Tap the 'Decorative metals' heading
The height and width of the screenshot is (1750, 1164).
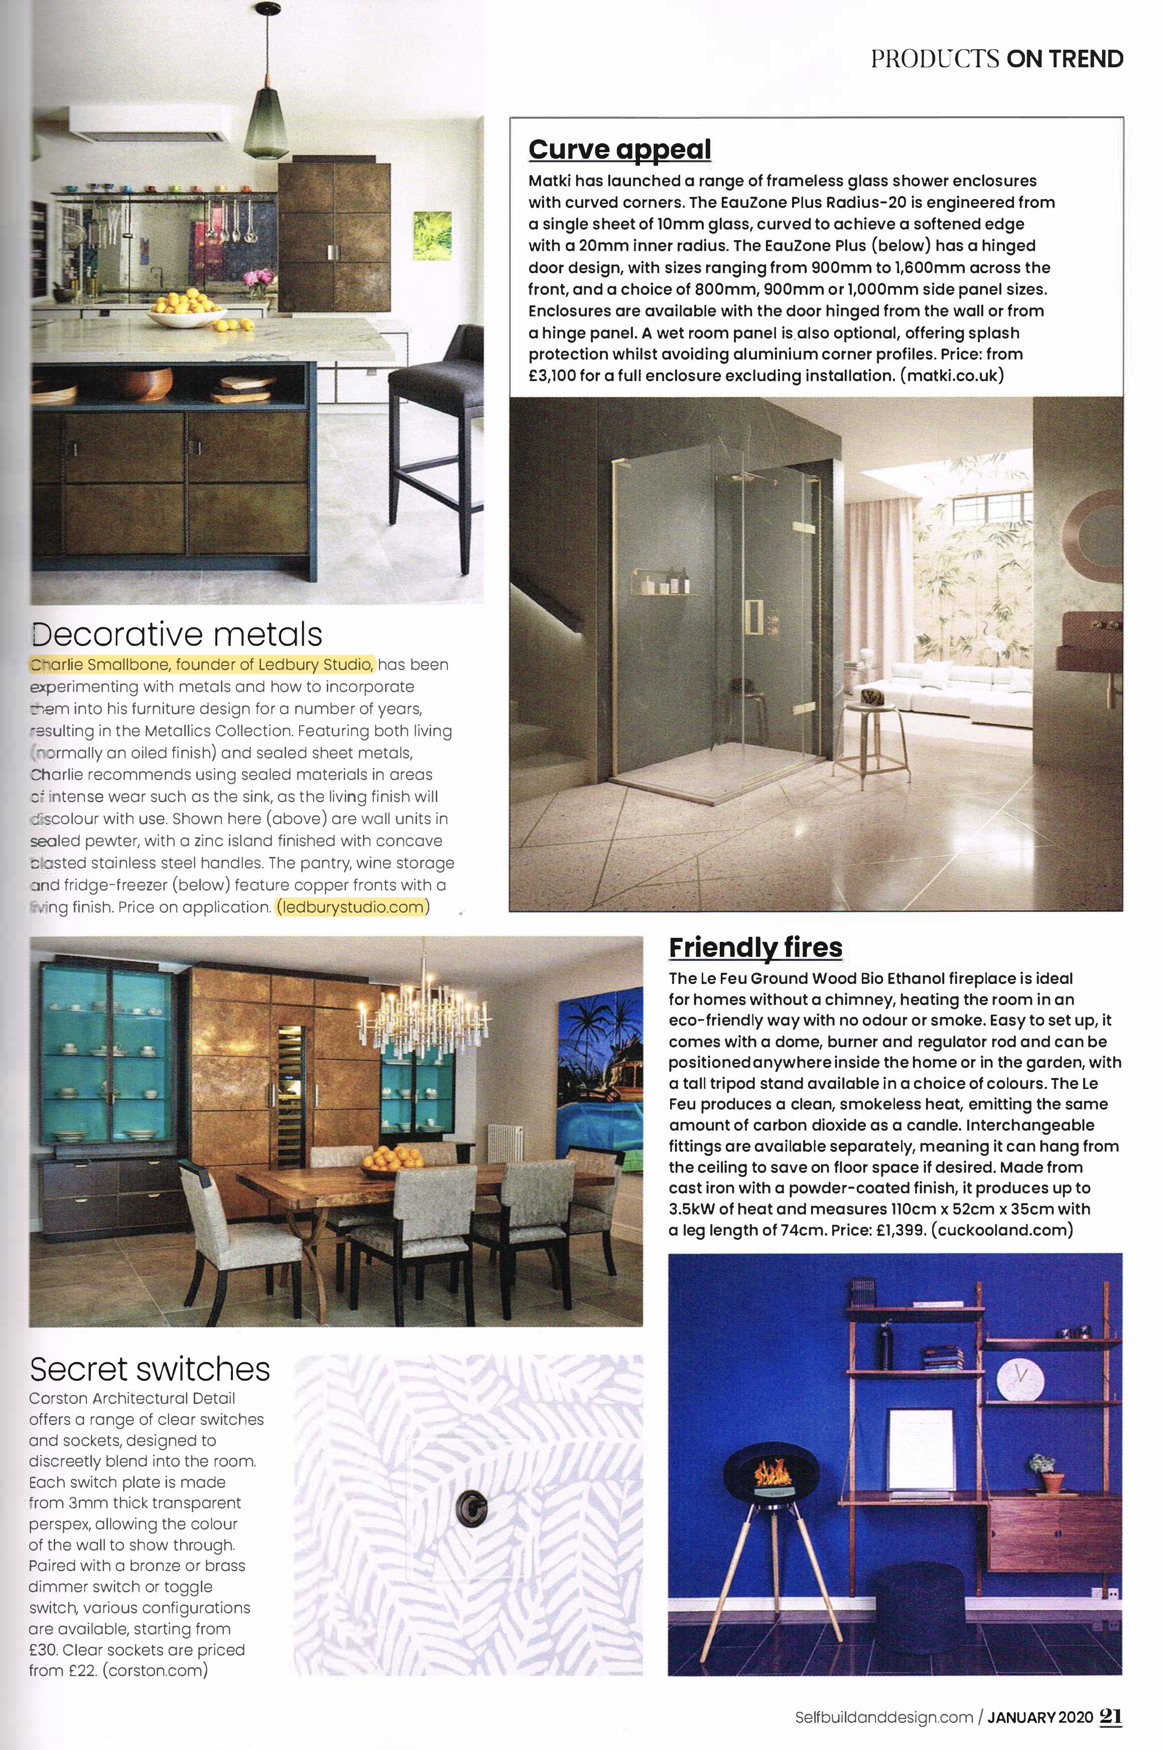[x=177, y=634]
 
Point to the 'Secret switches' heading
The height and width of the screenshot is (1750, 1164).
[x=149, y=1369]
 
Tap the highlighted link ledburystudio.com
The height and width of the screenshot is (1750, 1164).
[x=352, y=907]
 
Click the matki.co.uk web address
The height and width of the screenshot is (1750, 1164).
[x=952, y=375]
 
